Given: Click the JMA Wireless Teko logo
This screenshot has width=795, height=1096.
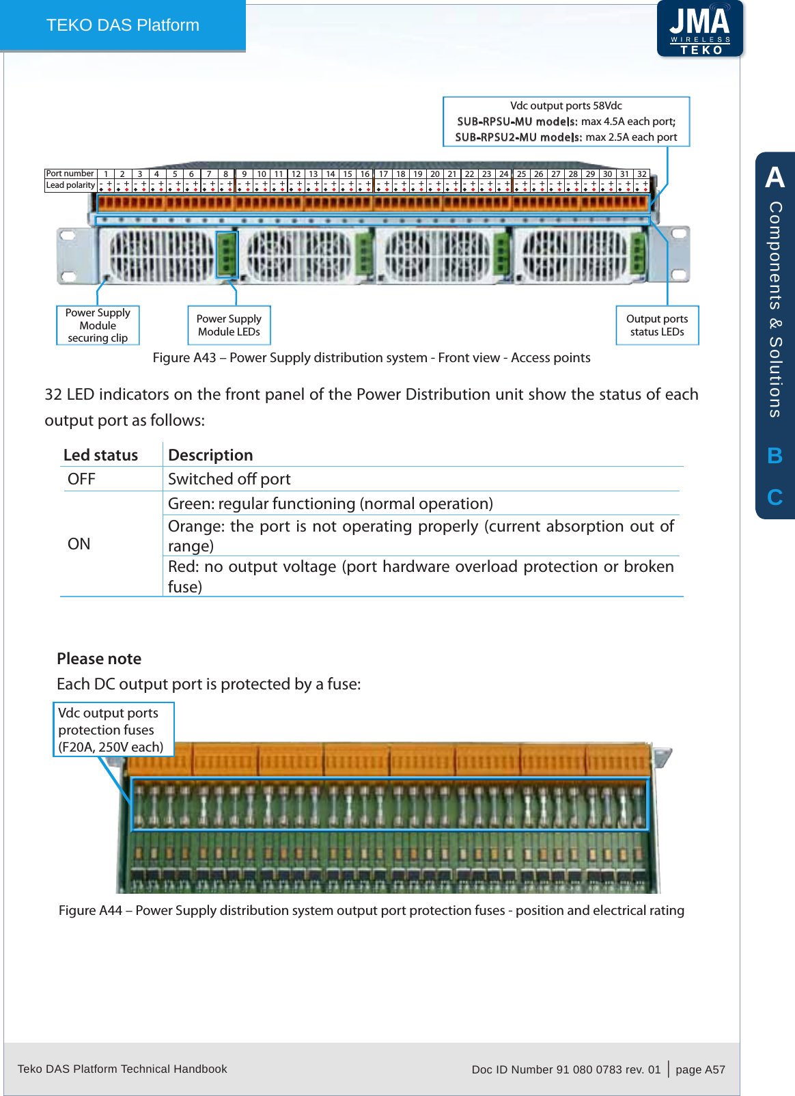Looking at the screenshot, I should [700, 29].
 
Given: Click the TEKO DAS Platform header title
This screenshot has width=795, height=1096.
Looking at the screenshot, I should [123, 25].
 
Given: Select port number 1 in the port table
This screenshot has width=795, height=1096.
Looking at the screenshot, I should [106, 174].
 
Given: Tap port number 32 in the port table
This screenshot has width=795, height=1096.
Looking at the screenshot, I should [641, 174].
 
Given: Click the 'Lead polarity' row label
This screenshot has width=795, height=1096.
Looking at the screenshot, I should [70, 185].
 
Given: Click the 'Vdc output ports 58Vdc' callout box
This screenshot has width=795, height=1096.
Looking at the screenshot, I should [566, 122].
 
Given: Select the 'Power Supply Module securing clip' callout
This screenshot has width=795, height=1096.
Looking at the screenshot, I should [98, 325].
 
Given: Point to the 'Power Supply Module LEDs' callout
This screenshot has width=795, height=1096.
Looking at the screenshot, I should [229, 325].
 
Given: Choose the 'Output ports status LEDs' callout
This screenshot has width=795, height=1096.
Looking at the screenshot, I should [657, 325].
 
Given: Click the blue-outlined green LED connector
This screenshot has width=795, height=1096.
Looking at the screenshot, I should [227, 254].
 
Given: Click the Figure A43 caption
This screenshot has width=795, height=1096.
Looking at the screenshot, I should [372, 357].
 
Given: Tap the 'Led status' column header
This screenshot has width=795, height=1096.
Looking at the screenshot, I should [100, 455].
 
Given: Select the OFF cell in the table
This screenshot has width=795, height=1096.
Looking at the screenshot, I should [81, 479].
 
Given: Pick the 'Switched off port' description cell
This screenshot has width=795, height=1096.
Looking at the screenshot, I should [229, 479].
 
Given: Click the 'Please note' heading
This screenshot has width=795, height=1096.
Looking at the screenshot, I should [99, 659].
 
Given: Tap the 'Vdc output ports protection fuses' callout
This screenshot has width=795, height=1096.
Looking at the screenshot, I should [113, 730].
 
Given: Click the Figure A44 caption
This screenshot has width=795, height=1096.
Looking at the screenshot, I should [372, 910].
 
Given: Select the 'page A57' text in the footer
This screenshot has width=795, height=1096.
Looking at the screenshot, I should [700, 1069].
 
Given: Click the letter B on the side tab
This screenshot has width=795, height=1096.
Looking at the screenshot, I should [775, 456].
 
